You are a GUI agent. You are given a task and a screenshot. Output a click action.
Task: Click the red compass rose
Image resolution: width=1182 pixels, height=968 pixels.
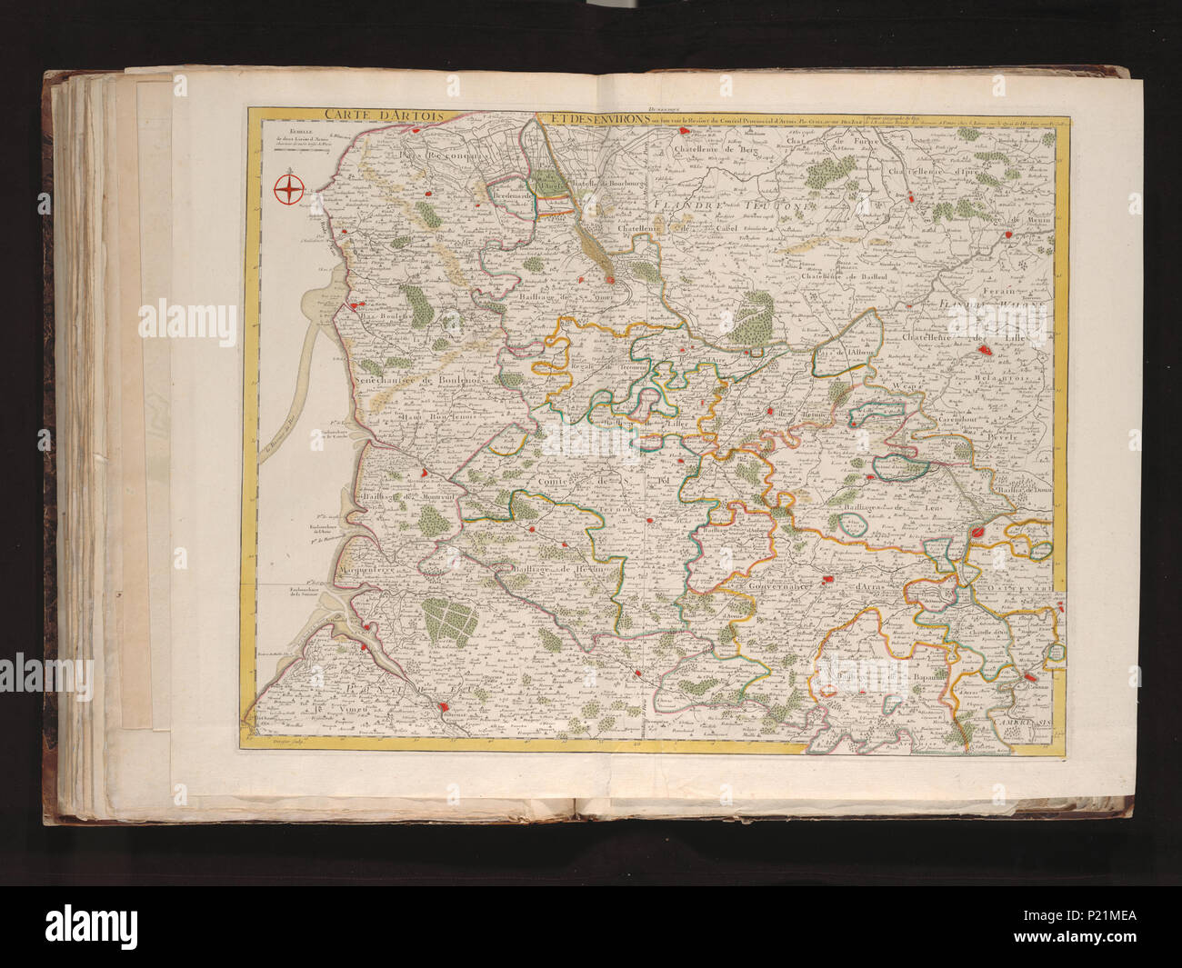pyautogui.click(x=288, y=189)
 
